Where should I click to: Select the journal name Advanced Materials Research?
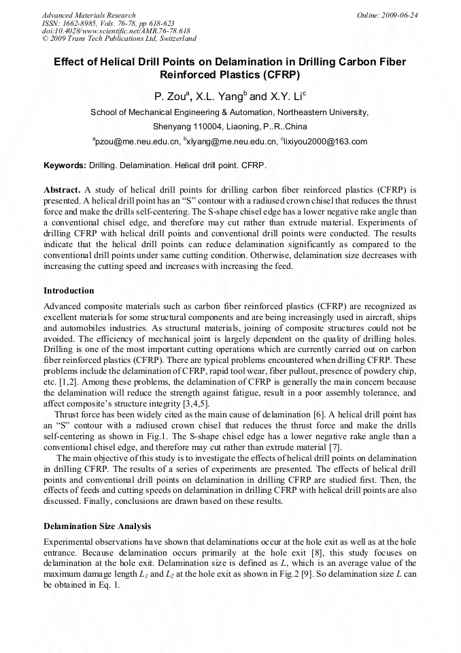[x=89, y=15]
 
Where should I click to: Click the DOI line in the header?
[x=116, y=31]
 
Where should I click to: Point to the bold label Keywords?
[x=65, y=165]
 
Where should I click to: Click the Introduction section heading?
[x=69, y=291]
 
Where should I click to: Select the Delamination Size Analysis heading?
[x=97, y=526]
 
